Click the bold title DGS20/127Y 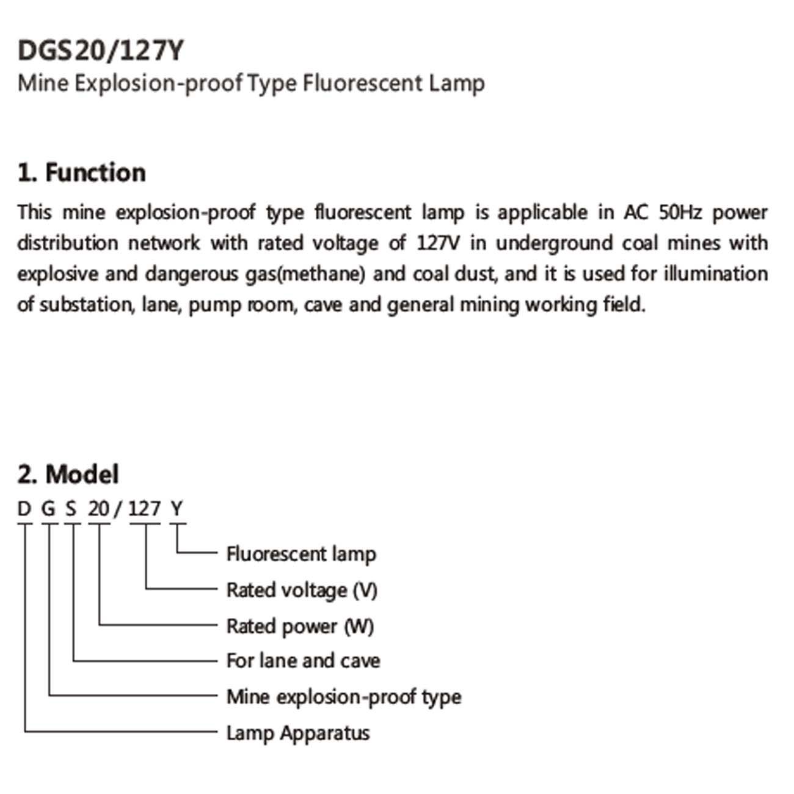tap(101, 51)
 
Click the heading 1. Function tap(82, 172)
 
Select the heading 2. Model tap(68, 474)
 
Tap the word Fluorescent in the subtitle tap(362, 83)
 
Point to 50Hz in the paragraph tap(680, 213)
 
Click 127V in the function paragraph tap(438, 243)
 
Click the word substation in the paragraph tap(87, 305)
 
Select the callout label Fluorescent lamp tap(301, 554)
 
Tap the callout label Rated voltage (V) tap(302, 590)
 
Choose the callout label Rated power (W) tap(300, 626)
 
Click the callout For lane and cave tap(304, 661)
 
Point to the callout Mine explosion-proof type tap(344, 697)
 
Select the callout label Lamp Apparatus tap(298, 734)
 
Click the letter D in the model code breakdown tap(24, 509)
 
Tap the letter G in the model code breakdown tap(49, 509)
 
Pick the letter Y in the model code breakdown tap(177, 509)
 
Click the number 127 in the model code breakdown tap(144, 509)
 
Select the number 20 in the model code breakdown tap(99, 509)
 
